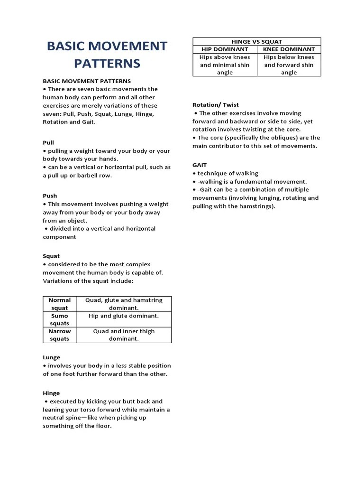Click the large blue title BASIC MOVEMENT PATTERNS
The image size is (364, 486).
107,55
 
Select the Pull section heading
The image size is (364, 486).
48,142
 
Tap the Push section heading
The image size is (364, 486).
50,196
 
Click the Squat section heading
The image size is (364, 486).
51,256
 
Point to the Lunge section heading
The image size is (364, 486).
52,357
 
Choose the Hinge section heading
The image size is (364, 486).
51,393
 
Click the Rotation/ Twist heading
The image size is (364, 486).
216,104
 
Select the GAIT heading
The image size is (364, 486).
200,165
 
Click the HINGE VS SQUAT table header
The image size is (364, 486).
256,42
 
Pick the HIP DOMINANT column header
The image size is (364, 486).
225,49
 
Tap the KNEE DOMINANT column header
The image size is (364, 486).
289,49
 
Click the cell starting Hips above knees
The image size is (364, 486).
225,65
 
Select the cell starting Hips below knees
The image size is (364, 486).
289,65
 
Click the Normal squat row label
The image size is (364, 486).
60,304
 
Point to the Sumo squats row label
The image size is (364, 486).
60,319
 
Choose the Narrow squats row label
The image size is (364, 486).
60,335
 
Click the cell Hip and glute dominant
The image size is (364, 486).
124,316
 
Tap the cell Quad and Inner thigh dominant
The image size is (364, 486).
124,335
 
